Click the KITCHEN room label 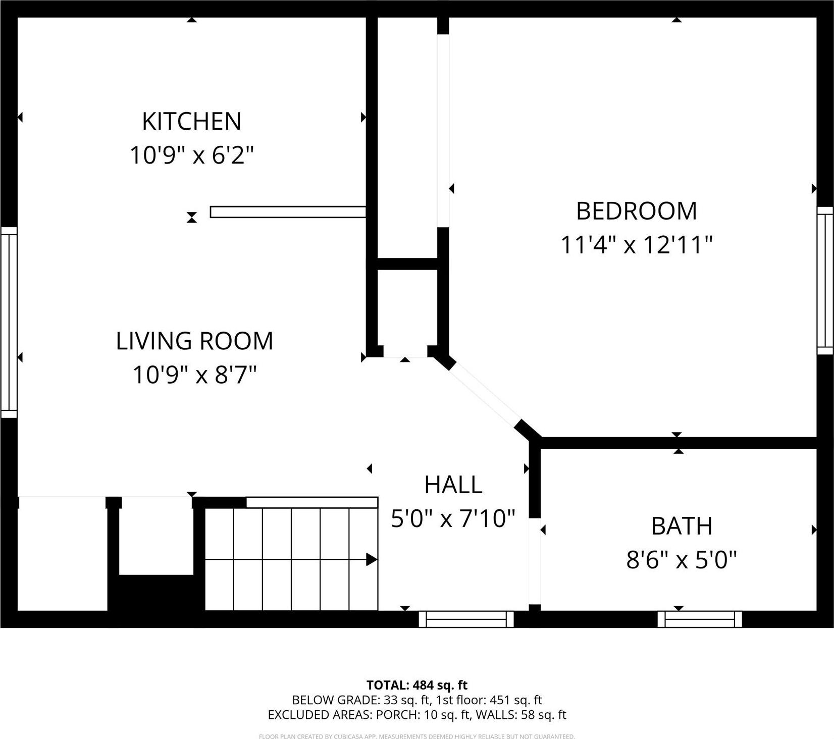pos(191,121)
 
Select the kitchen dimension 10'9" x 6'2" pos(191,155)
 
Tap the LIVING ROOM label pos(194,341)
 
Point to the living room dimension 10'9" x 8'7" pos(194,375)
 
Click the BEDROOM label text pos(636,211)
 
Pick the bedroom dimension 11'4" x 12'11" pos(636,245)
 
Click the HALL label pos(453,485)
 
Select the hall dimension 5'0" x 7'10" pos(453,518)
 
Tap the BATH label pos(681,526)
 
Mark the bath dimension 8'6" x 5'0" pos(681,560)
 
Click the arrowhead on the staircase pos(372,559)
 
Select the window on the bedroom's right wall pos(825,280)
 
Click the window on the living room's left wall pos(9,322)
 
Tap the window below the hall pos(466,619)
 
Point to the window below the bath pos(700,619)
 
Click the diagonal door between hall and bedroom pos(485,395)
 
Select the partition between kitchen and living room pos(288,212)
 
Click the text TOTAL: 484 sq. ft pos(416,685)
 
